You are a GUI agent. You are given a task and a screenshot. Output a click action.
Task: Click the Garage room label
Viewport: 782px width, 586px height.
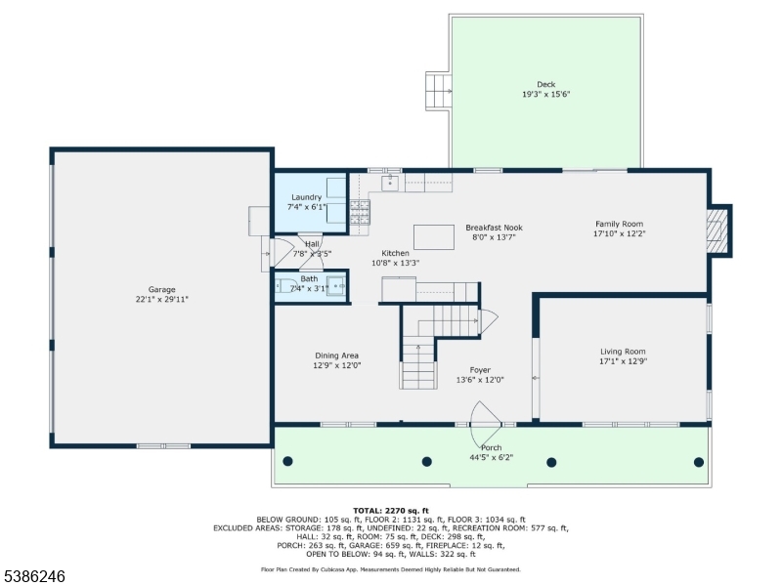[161, 289]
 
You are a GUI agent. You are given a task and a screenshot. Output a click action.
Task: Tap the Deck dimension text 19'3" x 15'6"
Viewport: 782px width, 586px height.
[545, 95]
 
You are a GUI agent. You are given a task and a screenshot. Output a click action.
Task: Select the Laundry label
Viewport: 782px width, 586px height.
[306, 197]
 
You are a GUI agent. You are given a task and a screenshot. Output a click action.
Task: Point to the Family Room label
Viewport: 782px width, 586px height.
[619, 224]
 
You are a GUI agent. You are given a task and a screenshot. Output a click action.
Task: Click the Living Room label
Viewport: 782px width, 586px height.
[623, 352]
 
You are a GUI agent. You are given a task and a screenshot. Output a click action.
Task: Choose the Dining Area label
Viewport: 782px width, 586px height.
[336, 356]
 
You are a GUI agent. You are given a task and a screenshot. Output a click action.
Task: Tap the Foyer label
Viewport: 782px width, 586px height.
[479, 370]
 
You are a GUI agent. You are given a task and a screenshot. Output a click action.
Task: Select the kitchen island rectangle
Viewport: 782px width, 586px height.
[433, 237]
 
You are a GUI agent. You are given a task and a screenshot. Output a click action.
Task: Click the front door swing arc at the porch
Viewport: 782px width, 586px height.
[486, 417]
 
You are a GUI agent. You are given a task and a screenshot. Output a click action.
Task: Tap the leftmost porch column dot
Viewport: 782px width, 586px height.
[287, 461]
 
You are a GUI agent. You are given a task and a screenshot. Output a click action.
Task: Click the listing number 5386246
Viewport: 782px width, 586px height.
[34, 577]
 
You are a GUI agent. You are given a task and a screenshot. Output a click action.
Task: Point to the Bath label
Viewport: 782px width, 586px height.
[310, 278]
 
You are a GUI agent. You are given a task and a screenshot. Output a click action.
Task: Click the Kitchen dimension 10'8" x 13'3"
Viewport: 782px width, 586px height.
[395, 263]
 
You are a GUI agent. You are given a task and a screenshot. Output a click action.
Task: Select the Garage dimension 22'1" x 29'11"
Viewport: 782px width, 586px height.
[161, 299]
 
